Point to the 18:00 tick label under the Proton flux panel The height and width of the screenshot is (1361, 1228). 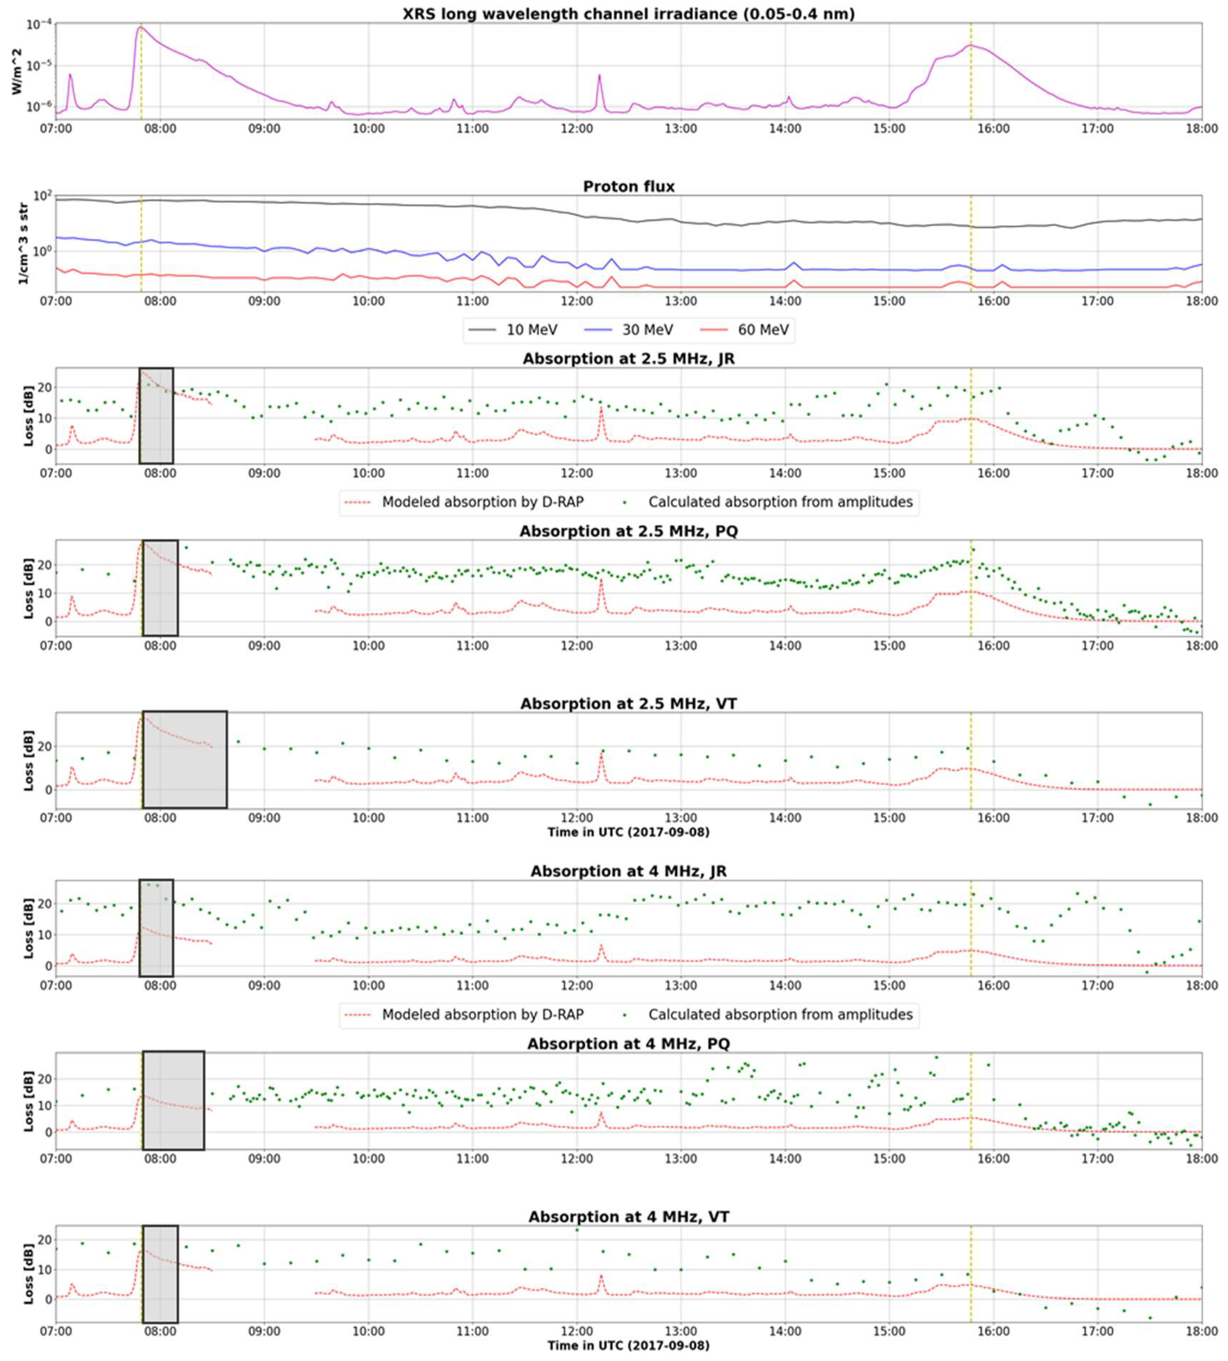[x=1201, y=301]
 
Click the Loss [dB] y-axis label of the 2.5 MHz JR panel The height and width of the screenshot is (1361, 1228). [x=28, y=416]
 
